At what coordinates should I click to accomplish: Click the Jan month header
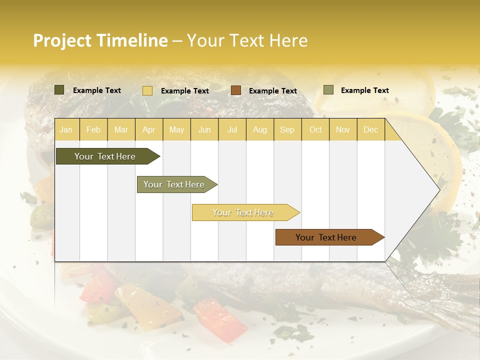(66, 130)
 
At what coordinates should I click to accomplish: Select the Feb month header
(93, 130)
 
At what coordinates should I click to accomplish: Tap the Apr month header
(148, 130)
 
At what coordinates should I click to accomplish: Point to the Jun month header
(204, 130)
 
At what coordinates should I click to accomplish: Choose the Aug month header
(260, 130)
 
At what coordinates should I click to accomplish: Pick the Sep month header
(287, 130)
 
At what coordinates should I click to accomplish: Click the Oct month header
(315, 130)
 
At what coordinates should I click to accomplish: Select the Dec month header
(371, 130)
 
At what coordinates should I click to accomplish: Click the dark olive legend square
(59, 90)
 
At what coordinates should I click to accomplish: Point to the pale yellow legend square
(147, 90)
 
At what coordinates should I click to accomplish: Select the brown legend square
(236, 90)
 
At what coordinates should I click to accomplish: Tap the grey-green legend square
(328, 90)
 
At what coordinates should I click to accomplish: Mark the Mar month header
(121, 130)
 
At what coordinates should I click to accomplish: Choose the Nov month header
(343, 130)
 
